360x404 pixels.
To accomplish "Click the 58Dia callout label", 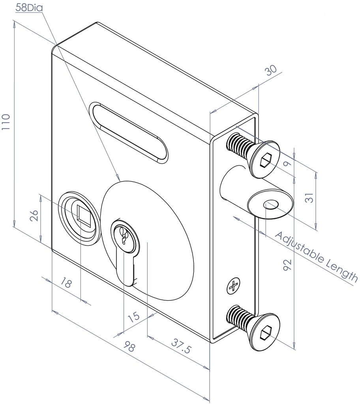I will click(29, 7).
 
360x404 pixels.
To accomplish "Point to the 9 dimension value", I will click(289, 162).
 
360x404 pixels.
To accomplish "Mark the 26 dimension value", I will click(34, 217).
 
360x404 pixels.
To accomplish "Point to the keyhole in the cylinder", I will click(124, 236).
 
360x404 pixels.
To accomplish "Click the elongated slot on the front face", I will click(129, 132).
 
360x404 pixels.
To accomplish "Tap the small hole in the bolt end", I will click(271, 204).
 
